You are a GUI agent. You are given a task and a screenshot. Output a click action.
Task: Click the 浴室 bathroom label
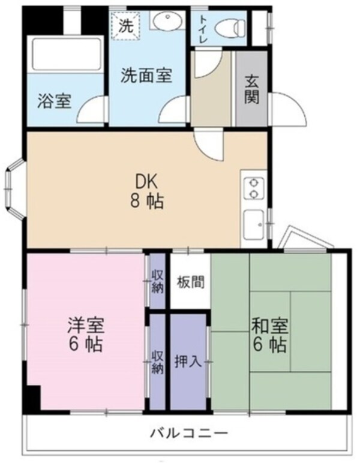pyautogui.click(x=55, y=101)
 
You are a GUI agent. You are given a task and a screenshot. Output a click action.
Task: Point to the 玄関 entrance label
pyautogui.click(x=252, y=89)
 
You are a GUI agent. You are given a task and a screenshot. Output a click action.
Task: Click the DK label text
pyautogui.click(x=146, y=182)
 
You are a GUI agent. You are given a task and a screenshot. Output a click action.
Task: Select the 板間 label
pyautogui.click(x=190, y=282)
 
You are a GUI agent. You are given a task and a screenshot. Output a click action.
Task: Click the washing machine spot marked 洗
pyautogui.click(x=125, y=26)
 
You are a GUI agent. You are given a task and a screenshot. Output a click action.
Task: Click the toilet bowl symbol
pyautogui.click(x=230, y=27)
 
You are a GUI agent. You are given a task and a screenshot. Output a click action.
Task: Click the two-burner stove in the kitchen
pyautogui.click(x=253, y=187)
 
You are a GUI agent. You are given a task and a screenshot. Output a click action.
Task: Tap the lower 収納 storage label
pyautogui.click(x=157, y=362)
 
